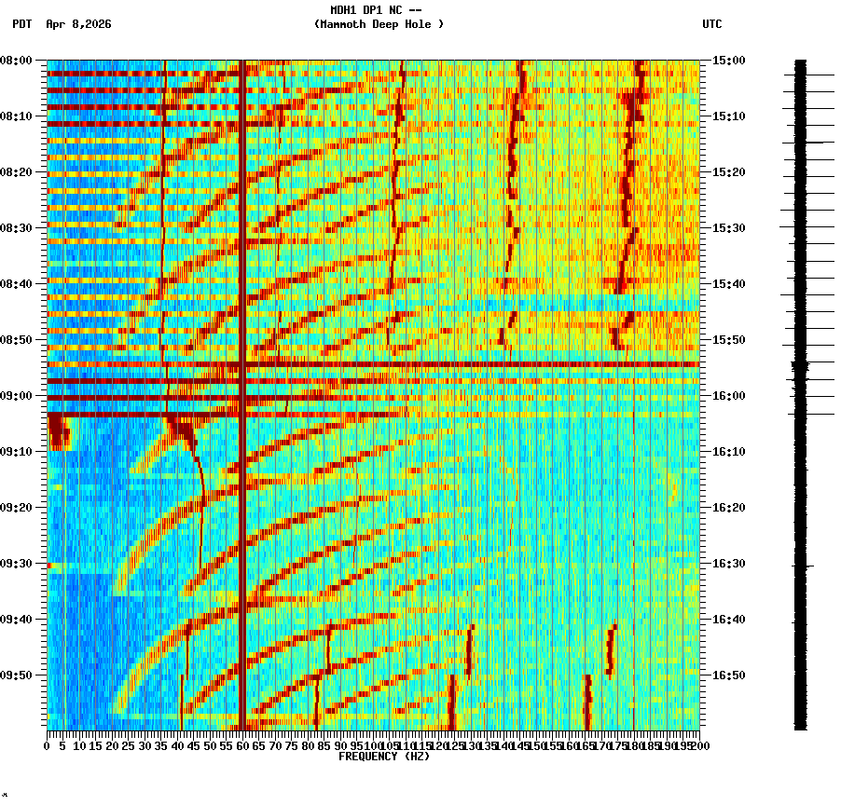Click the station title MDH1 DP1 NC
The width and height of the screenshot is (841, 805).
(x=369, y=10)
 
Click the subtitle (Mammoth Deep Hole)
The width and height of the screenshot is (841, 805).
(x=379, y=24)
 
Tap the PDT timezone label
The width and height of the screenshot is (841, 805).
(x=21, y=24)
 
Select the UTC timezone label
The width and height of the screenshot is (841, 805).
(x=711, y=24)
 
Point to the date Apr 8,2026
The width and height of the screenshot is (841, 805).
(x=78, y=24)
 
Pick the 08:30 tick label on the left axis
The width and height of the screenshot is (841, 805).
(x=17, y=228)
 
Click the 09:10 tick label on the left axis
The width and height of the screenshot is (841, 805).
(x=17, y=452)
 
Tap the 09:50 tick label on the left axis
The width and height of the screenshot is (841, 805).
(x=17, y=675)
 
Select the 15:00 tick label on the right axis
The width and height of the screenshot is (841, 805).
(x=729, y=61)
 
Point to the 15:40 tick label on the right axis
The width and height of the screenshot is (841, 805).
(x=729, y=284)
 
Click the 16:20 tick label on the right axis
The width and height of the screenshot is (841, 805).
(x=729, y=508)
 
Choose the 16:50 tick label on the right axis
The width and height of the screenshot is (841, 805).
(x=729, y=675)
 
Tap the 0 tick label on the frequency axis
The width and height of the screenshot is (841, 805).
(x=48, y=746)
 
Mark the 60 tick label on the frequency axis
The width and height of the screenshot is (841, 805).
(x=242, y=746)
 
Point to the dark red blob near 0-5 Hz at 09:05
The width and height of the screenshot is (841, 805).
(x=58, y=432)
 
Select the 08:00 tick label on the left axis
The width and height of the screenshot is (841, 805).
(x=17, y=61)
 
